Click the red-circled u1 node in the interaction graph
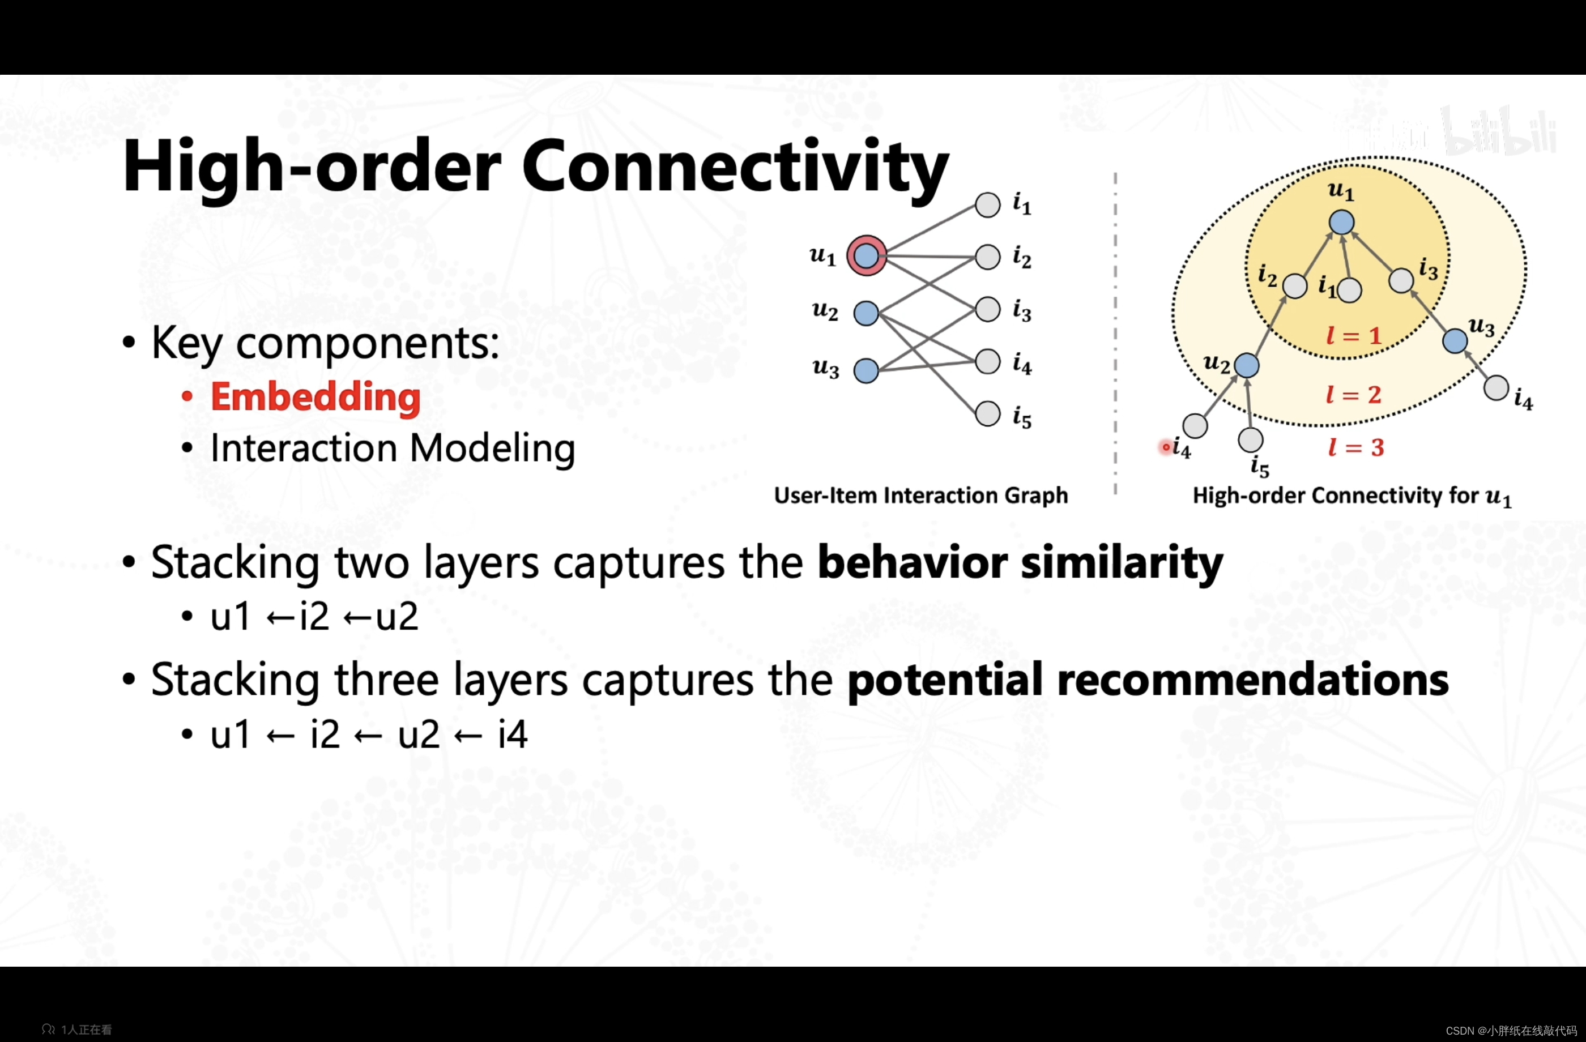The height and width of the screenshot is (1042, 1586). (866, 255)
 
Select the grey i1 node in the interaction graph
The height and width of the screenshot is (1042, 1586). (988, 204)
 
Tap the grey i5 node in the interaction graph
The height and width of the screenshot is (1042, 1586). (988, 414)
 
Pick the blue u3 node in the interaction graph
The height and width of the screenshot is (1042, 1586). (866, 370)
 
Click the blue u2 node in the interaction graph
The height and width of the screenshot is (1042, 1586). (866, 313)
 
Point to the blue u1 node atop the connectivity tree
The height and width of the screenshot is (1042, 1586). (1341, 223)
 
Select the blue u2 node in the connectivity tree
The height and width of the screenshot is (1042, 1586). (1246, 365)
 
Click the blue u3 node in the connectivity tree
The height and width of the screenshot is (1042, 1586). (1455, 341)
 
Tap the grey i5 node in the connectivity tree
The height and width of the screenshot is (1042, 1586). (1250, 439)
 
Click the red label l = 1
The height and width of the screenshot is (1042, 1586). (1353, 336)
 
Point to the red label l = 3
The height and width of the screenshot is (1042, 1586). (1355, 447)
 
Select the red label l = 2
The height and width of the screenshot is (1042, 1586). (1353, 394)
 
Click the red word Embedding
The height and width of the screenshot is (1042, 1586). (315, 397)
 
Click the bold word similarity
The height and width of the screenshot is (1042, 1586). (1122, 563)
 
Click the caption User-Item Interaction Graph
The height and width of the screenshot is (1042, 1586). (920, 495)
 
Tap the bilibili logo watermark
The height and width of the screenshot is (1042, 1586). (1499, 133)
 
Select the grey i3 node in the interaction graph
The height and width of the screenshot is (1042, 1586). (988, 309)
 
